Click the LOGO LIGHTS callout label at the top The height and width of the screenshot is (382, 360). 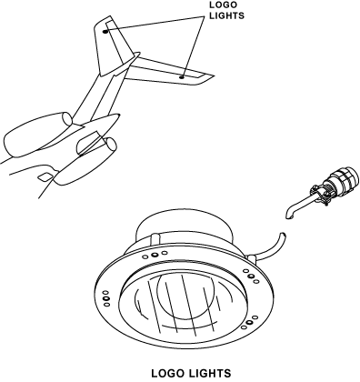(226, 10)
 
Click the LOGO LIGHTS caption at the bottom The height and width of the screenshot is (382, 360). (191, 373)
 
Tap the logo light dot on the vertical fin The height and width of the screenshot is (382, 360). (105, 31)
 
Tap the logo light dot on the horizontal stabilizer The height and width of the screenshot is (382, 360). (182, 77)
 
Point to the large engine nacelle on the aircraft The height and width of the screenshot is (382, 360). (38, 134)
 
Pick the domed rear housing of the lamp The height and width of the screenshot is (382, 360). (185, 225)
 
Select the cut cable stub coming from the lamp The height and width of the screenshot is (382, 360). (271, 247)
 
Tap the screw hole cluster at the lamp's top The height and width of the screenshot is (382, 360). (155, 255)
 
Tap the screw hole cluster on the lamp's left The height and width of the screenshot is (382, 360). (106, 298)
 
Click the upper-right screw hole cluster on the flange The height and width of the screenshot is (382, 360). (251, 276)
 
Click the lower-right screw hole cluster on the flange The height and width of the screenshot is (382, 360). (249, 322)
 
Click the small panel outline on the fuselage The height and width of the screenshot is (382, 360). (45, 177)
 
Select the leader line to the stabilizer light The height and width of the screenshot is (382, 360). (193, 46)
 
